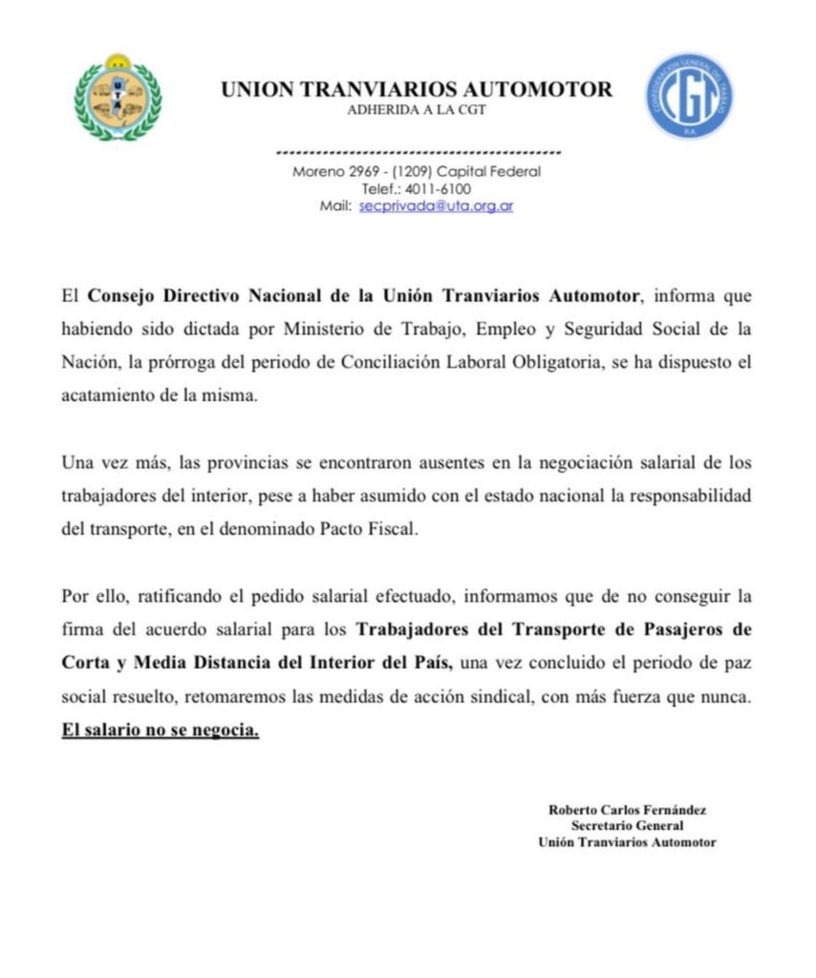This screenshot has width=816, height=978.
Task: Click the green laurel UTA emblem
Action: coord(118,96)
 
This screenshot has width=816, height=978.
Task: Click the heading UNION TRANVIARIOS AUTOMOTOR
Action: coord(417,90)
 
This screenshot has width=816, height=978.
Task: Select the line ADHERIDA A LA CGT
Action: coord(416,109)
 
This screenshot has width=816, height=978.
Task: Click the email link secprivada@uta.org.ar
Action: coord(437,206)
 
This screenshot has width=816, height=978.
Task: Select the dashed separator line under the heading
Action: coord(418,153)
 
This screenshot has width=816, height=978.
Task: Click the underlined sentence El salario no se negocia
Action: coord(160,732)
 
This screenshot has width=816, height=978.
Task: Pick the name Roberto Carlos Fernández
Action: coord(627,810)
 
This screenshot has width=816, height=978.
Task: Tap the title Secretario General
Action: coord(627,826)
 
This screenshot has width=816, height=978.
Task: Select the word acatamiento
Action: coord(105,396)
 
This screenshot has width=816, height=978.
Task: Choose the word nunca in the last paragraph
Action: coord(729,697)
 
